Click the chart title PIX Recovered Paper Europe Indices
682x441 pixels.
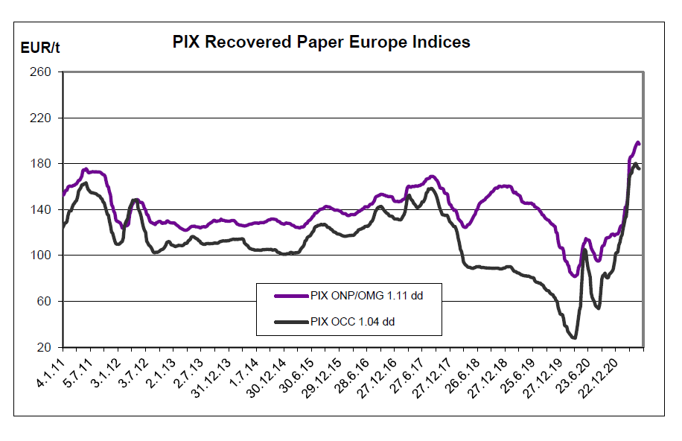[x=321, y=42]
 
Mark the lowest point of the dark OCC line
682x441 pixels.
[x=573, y=337]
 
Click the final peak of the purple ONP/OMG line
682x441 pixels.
[x=637, y=142]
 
